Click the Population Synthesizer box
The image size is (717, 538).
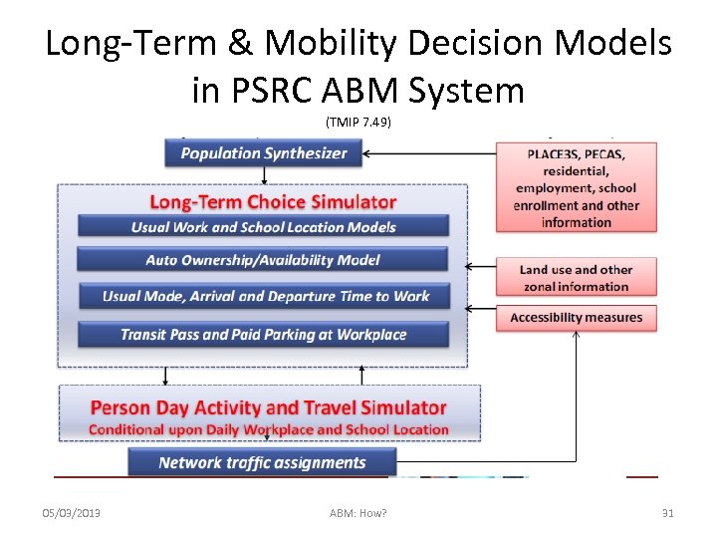pos(264,153)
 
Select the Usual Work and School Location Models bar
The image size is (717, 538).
pos(264,226)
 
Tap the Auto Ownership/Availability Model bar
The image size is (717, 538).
pos(264,260)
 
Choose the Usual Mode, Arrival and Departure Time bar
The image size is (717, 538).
pos(265,296)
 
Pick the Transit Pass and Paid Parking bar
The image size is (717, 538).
pos(264,334)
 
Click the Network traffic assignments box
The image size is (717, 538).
pos(262,462)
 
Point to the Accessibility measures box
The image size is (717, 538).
pos(577,318)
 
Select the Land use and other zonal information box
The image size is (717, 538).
pos(577,277)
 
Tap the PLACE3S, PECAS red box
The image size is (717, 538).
pos(577,186)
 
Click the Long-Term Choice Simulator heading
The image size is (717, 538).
pos(273,202)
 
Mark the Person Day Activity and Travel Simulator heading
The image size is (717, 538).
pos(268,407)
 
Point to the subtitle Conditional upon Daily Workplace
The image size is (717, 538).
pos(268,429)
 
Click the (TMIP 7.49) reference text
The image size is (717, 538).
pos(358,122)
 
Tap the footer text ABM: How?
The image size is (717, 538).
pos(358,513)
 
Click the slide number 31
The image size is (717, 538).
pos(668,513)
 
